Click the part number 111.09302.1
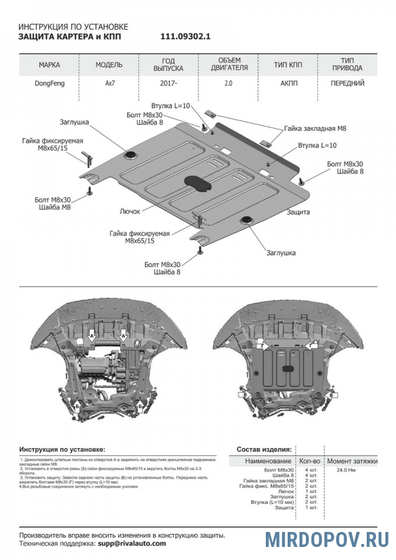pyautogui.click(x=186, y=37)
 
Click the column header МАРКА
pyautogui.click(x=49, y=65)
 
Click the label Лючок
pyautogui.click(x=130, y=212)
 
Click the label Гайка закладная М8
pyautogui.click(x=315, y=128)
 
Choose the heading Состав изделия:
pyautogui.click(x=263, y=449)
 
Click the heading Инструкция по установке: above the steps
pyautogui.click(x=62, y=449)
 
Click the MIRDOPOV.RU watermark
pyautogui.click(x=326, y=539)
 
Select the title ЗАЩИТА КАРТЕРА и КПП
pyautogui.click(x=69, y=37)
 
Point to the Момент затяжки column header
pyautogui.click(x=352, y=461)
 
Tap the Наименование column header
pyautogui.click(x=268, y=461)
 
